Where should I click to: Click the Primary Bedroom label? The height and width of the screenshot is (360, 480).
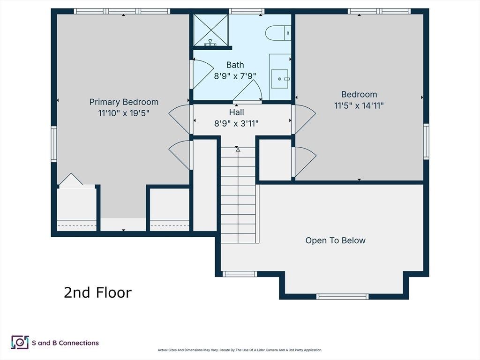[124, 102]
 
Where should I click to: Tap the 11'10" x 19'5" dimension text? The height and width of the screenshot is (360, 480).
[124, 113]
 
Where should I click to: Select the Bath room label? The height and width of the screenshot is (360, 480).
[235, 65]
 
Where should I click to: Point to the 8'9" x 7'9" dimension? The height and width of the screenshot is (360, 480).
[235, 76]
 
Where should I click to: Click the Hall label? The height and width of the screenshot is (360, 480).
[236, 112]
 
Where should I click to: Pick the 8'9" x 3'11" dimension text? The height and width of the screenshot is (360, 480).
[236, 124]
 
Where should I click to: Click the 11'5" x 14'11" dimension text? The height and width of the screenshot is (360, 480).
[359, 105]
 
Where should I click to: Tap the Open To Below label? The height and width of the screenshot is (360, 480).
[336, 240]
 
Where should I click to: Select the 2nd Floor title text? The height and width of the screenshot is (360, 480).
[97, 292]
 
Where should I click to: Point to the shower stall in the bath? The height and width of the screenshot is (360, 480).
[211, 30]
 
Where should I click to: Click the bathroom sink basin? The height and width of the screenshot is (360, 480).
[279, 79]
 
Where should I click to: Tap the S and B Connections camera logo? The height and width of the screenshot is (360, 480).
[20, 342]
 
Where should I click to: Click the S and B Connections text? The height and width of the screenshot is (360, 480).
[65, 343]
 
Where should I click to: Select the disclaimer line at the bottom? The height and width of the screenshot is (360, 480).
[240, 350]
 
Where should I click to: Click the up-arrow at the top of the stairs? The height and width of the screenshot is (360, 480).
[238, 150]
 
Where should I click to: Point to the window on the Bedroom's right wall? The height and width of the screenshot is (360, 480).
[426, 142]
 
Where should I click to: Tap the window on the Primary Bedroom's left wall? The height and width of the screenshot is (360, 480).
[54, 144]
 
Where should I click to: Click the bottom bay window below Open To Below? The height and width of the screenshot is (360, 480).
[343, 296]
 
